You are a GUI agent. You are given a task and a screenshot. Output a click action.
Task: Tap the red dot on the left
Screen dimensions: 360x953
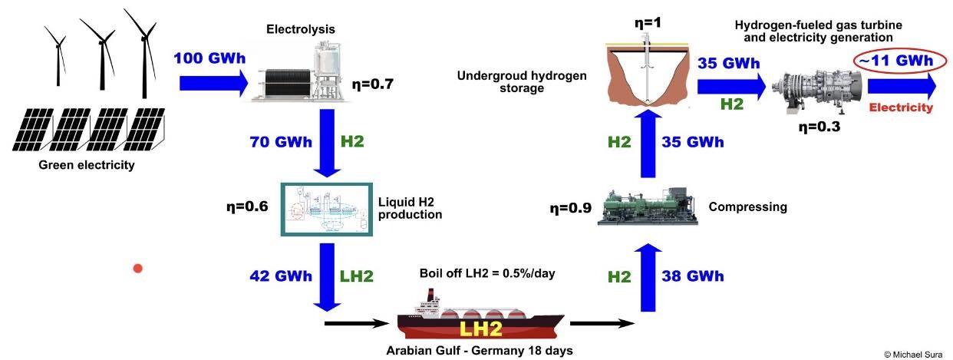[138, 268]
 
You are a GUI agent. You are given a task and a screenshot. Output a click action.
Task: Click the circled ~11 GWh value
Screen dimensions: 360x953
[892, 60]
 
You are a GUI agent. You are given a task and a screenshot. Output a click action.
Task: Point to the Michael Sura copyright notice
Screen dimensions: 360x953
[915, 355]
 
